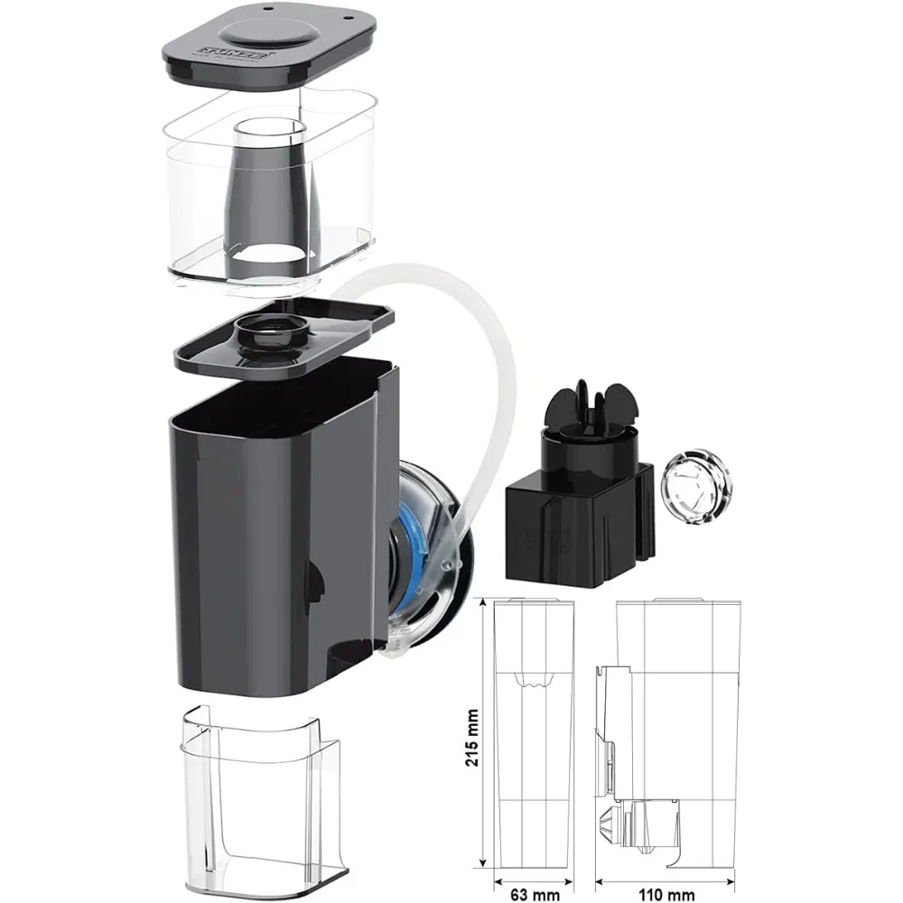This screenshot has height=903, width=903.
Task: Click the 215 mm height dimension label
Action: point(473,738)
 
